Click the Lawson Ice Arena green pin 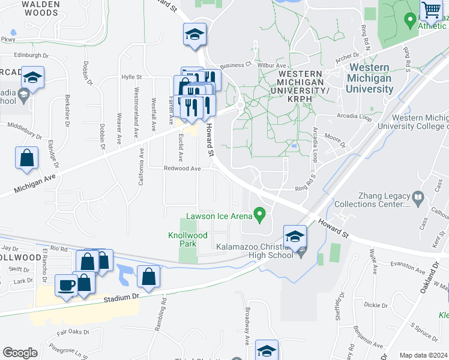(260, 213)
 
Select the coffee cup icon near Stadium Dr (66, 285)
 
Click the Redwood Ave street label (182, 169)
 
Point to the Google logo (20, 353)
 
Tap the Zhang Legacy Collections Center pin (418, 196)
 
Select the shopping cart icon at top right (430, 10)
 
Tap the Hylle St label (131, 77)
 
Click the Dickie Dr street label (376, 305)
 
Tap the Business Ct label (235, 65)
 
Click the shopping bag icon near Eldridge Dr (28, 158)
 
